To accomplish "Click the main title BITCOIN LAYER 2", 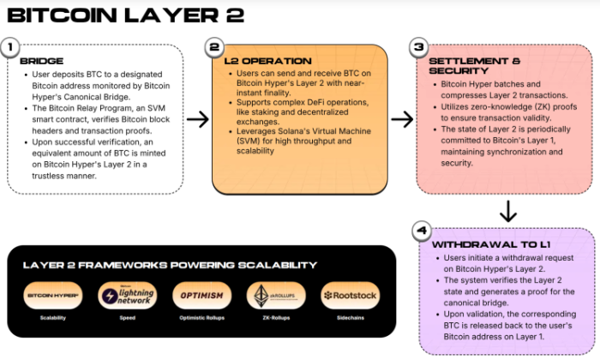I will tap(125, 15).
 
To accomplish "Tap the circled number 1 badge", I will tap(10, 48).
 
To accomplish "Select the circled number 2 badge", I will tap(214, 47).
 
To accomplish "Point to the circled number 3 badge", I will tap(418, 48).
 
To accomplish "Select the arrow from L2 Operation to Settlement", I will tap(402, 118).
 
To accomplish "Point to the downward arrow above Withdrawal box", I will tap(507, 210).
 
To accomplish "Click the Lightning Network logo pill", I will tap(127, 296).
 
